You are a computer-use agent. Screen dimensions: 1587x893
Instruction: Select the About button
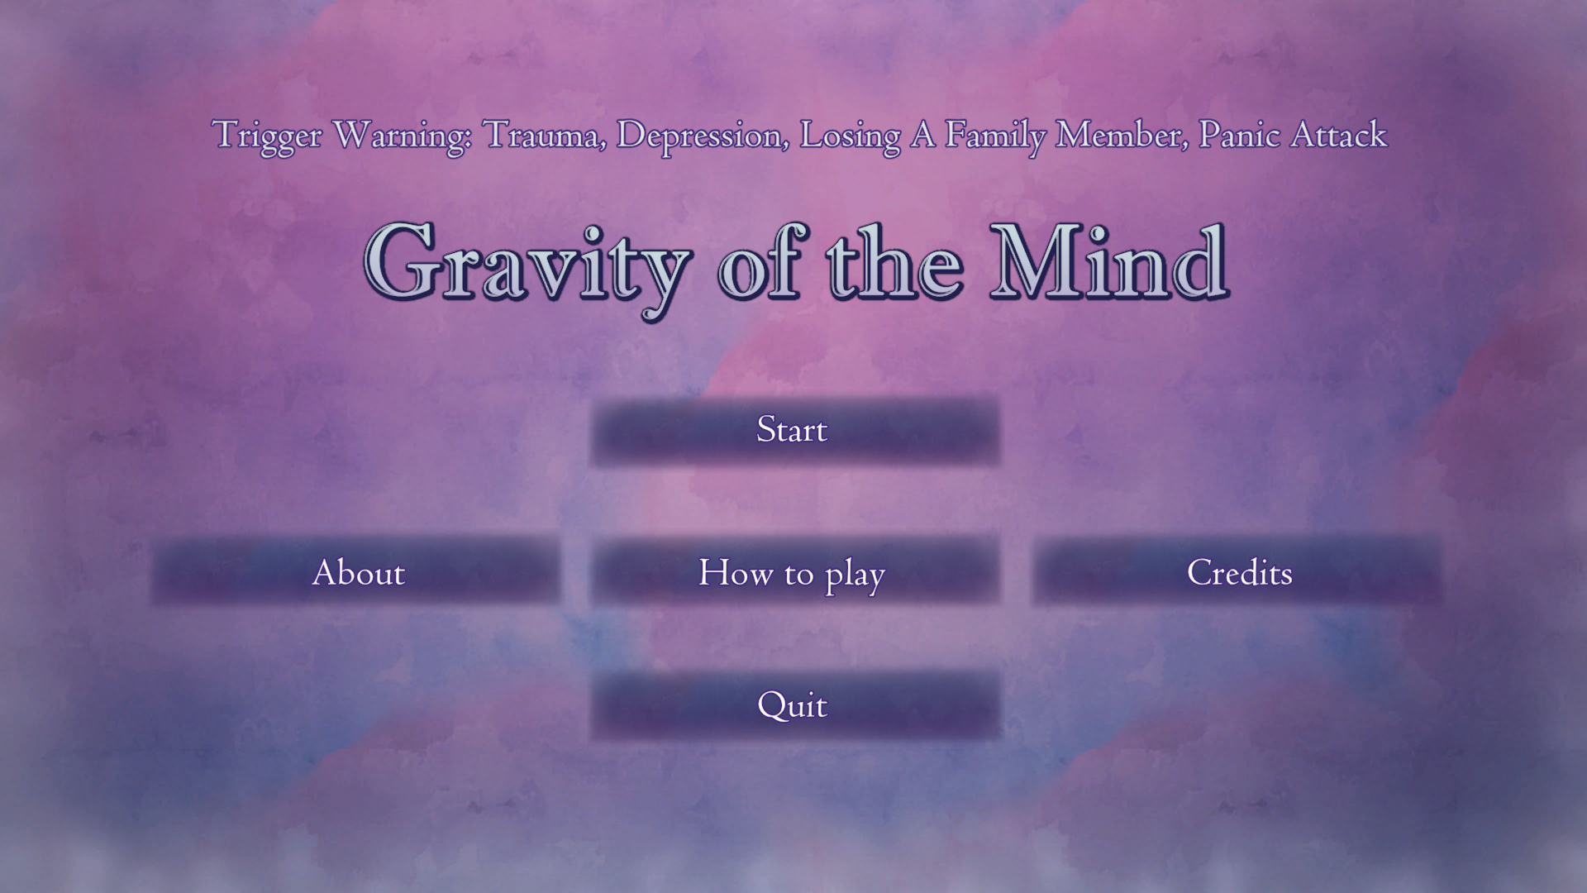(356, 571)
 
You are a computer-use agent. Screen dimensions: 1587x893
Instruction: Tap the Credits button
(1237, 571)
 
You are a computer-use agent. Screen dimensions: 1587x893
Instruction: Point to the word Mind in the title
(1109, 262)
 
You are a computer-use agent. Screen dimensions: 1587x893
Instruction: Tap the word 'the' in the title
(895, 262)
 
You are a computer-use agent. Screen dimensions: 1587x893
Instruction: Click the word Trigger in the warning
(266, 136)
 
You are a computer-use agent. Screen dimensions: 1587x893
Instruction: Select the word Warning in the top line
(402, 136)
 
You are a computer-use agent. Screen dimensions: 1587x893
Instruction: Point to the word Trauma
(544, 135)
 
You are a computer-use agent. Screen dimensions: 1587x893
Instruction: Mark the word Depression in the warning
(703, 136)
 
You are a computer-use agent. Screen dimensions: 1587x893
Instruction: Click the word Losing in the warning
(850, 136)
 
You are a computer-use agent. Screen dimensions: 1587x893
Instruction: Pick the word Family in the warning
(995, 136)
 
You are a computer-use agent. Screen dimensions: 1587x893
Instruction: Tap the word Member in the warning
(1122, 135)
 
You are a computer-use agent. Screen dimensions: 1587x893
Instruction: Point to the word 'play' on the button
(855, 575)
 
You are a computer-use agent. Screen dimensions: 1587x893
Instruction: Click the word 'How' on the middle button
(736, 572)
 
